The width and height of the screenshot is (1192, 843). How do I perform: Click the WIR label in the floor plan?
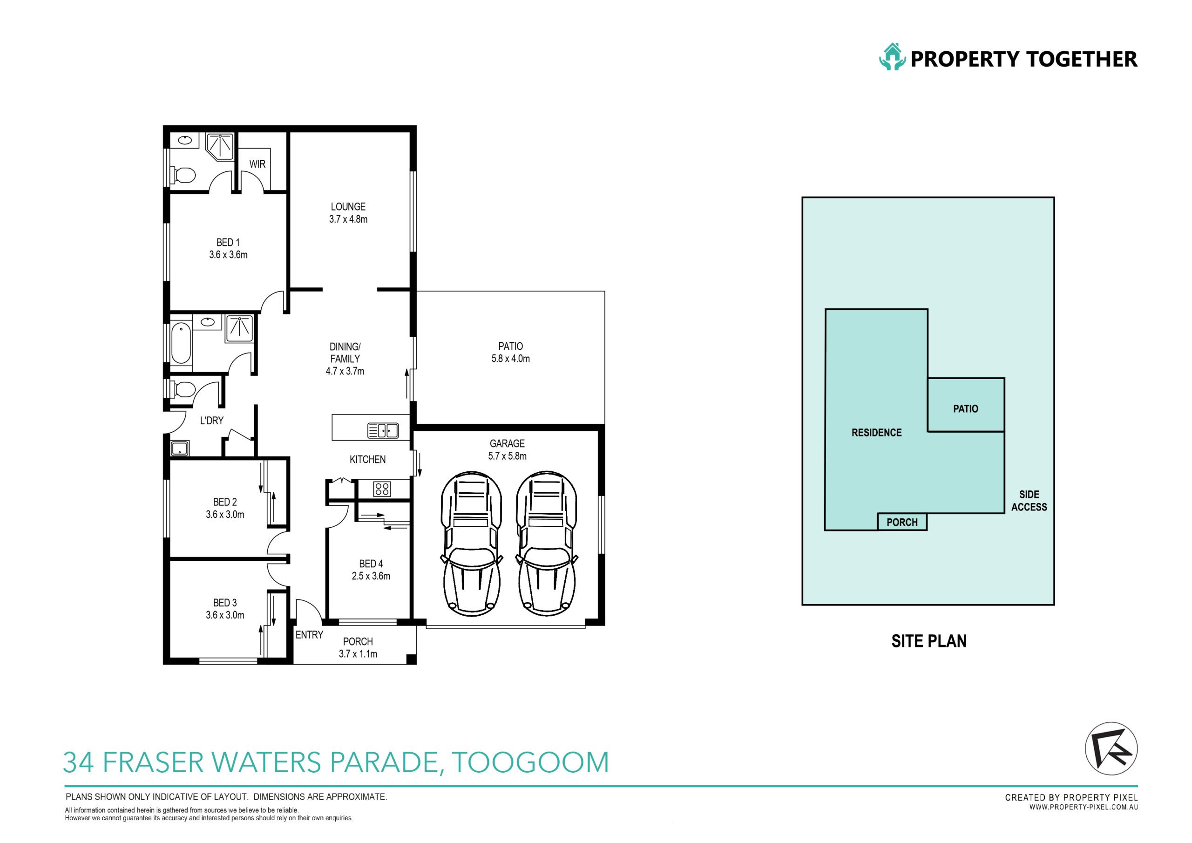pyautogui.click(x=257, y=164)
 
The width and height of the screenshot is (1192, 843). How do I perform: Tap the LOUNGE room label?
pyautogui.click(x=348, y=207)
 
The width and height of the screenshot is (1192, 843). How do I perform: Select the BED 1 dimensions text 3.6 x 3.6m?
pyautogui.click(x=229, y=255)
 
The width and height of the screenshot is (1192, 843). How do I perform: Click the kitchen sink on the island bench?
pyautogui.click(x=383, y=431)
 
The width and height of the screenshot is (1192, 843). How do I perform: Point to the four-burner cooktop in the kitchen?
pyautogui.click(x=382, y=489)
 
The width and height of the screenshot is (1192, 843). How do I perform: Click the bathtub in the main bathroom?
pyautogui.click(x=181, y=343)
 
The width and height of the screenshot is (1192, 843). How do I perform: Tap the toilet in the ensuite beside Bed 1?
pyautogui.click(x=183, y=175)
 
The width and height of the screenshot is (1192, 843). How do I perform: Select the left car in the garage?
pyautogui.click(x=471, y=544)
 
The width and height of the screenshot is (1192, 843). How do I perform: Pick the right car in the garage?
pyautogui.click(x=546, y=544)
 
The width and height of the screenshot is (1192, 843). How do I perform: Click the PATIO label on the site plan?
pyautogui.click(x=966, y=409)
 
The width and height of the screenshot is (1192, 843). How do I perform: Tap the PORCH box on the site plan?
pyautogui.click(x=902, y=522)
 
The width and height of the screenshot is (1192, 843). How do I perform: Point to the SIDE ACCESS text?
pyautogui.click(x=1029, y=501)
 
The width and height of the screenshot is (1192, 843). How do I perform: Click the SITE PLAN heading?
pyautogui.click(x=929, y=641)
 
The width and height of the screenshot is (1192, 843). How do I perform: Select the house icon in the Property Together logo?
pyautogui.click(x=892, y=57)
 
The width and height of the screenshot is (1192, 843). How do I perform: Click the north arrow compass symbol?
pyautogui.click(x=1111, y=749)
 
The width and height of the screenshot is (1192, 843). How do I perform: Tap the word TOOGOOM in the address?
pyautogui.click(x=530, y=762)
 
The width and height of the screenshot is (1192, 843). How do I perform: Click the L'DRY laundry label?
pyautogui.click(x=212, y=420)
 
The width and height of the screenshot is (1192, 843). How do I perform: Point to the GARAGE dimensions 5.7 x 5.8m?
pyautogui.click(x=507, y=456)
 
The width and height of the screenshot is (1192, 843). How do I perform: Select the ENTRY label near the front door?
pyautogui.click(x=310, y=635)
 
